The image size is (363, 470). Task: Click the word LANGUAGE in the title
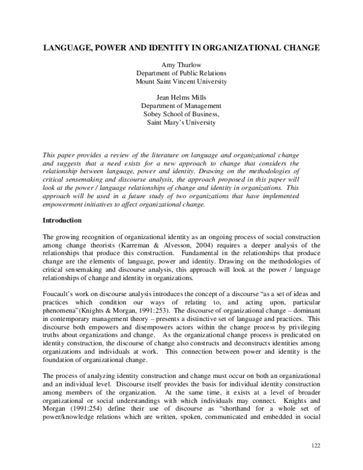(65, 47)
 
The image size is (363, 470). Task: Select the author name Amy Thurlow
(181, 64)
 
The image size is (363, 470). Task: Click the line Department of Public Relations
(181, 73)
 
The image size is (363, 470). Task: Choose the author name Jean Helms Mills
(181, 96)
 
